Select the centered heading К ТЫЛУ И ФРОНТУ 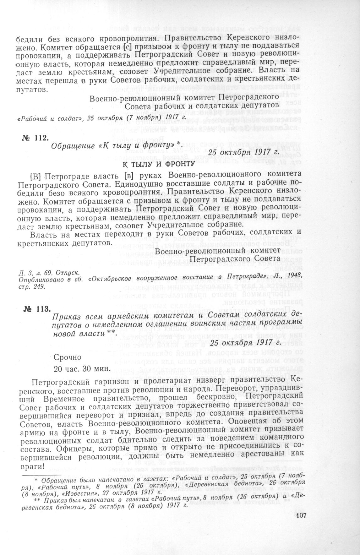(x=158, y=163)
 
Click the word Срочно (x=68, y=357)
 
